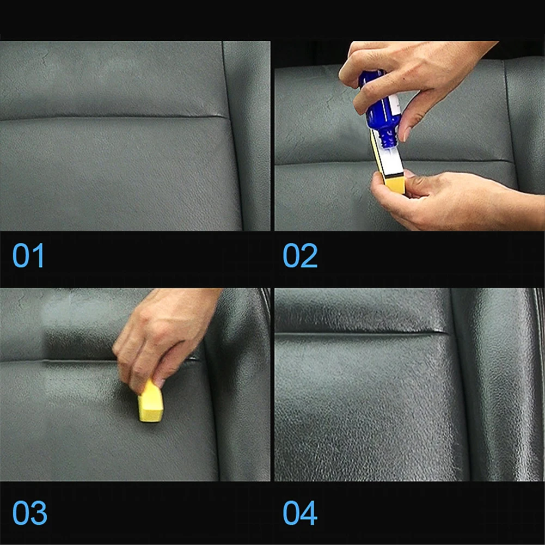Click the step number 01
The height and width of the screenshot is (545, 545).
(28, 255)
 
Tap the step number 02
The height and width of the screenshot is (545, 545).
(300, 255)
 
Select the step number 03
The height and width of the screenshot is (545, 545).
(29, 513)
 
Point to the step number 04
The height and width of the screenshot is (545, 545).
(300, 513)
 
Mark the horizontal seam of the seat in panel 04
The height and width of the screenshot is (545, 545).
(362, 333)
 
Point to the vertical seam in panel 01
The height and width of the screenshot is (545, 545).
(233, 136)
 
